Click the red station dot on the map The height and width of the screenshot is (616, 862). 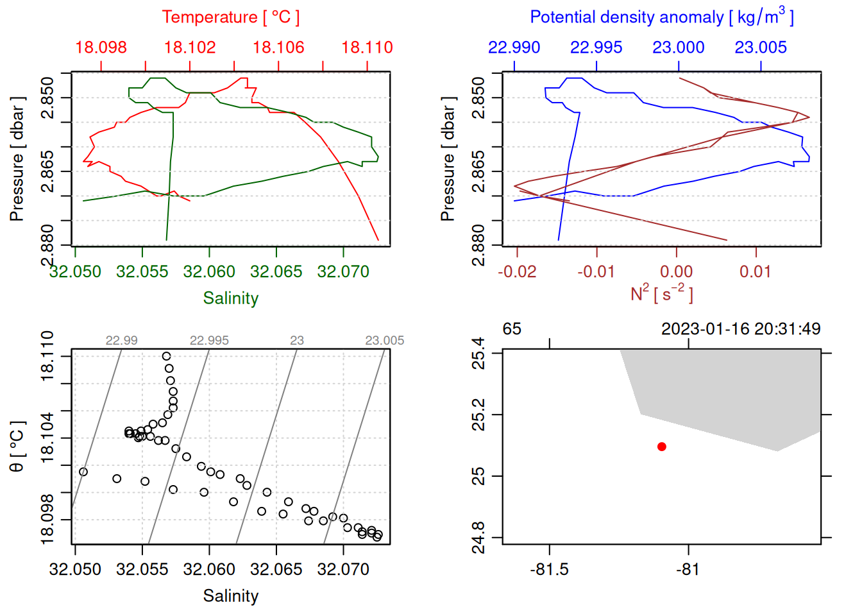661,447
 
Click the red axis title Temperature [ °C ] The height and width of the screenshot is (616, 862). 230,17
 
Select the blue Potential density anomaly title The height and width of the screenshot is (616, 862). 661,17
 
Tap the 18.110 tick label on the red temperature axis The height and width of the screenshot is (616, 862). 367,47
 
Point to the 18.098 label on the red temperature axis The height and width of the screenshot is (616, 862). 101,47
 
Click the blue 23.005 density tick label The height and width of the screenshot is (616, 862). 761,47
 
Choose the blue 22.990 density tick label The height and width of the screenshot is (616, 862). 514,47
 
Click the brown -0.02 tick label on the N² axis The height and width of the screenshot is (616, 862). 517,272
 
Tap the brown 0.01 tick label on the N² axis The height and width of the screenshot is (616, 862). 756,272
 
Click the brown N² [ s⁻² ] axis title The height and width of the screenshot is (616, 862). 661,294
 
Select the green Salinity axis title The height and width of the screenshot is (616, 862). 230,298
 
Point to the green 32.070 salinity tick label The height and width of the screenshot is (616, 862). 343,272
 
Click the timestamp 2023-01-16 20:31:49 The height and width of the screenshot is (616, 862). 741,329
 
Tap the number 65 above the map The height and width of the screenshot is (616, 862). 512,329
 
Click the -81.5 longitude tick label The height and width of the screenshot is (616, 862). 549,570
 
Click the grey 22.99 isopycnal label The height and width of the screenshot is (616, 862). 121,341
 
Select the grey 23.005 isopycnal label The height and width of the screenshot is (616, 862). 385,341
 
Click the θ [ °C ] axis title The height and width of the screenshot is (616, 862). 17,447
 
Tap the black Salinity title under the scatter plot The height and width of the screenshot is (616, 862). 230,596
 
